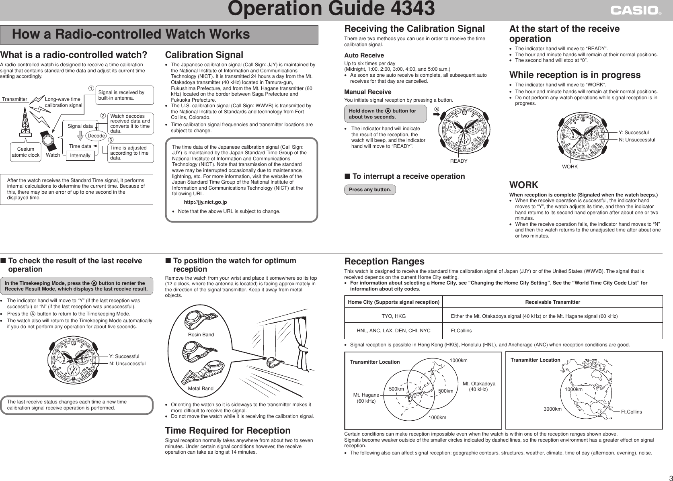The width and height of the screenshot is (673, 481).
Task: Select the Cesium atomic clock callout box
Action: click(25, 152)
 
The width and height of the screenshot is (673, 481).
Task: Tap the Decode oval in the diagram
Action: click(96, 136)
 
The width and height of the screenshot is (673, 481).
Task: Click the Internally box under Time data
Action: click(80, 156)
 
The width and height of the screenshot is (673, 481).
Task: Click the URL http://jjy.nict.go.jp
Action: click(205, 202)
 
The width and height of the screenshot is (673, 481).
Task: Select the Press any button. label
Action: click(370, 190)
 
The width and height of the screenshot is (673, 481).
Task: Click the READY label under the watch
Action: click(459, 161)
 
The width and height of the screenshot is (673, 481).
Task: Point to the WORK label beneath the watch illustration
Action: click(570, 167)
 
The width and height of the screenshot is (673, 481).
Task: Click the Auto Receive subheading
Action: click(364, 55)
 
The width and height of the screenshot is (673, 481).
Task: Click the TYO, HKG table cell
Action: click(393, 316)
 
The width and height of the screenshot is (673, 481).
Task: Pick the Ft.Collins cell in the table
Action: click(461, 331)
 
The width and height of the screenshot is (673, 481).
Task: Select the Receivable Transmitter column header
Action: click(552, 302)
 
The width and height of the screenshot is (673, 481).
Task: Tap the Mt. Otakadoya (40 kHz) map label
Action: click(479, 387)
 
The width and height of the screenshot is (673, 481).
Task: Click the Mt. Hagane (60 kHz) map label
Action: click(366, 398)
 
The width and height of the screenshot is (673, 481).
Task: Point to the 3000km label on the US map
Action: click(552, 409)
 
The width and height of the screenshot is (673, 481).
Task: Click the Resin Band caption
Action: click(201, 335)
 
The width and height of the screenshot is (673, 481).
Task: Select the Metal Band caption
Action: click(201, 389)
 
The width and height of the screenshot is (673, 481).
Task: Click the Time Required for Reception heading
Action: click(228, 431)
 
